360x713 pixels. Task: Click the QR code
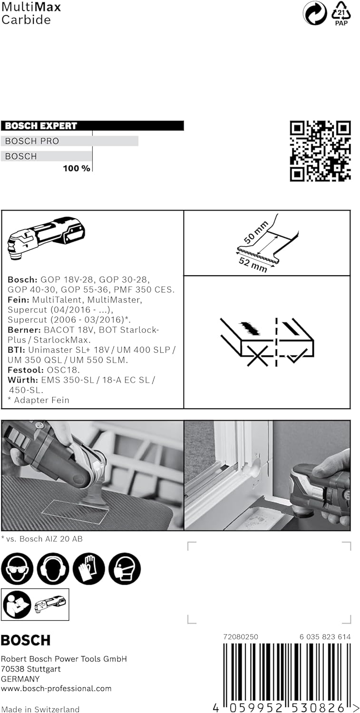pyautogui.click(x=320, y=151)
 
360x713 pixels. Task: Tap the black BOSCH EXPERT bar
pyautogui.click(x=92, y=126)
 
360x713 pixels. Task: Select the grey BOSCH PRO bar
pyautogui.click(x=69, y=141)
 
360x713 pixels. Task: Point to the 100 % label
pyautogui.click(x=77, y=168)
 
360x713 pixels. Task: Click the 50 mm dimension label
pyautogui.click(x=256, y=232)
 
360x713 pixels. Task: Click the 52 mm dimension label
pyautogui.click(x=253, y=265)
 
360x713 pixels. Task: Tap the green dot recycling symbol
pyautogui.click(x=315, y=13)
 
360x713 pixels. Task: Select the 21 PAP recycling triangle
pyautogui.click(x=341, y=13)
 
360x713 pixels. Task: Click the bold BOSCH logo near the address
pyautogui.click(x=26, y=640)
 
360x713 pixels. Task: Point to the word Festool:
pyautogui.click(x=26, y=370)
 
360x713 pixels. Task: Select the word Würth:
pyautogui.click(x=23, y=380)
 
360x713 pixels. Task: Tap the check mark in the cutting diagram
pyautogui.click(x=297, y=356)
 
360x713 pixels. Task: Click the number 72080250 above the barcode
pyautogui.click(x=241, y=637)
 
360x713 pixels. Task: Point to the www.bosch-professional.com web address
pyautogui.click(x=56, y=688)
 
